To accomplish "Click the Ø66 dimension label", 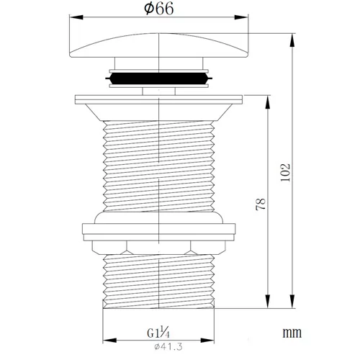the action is (x=158, y=9).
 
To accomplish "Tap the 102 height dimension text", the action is (x=286, y=173).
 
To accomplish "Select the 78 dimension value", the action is (x=261, y=204).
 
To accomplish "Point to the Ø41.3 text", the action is (x=168, y=346).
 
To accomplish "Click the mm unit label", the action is (x=292, y=333).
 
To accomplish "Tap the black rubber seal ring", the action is (x=158, y=78).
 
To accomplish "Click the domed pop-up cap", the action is (x=158, y=45).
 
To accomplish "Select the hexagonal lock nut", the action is (x=158, y=248).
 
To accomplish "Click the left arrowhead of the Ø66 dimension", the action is (x=76, y=17).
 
